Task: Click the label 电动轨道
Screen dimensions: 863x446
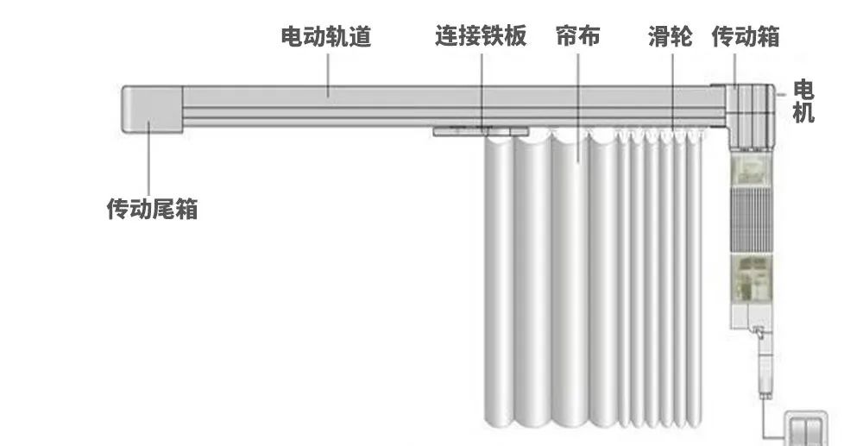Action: point(326,36)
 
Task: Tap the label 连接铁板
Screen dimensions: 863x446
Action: point(481,35)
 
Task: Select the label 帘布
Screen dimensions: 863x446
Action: point(578,35)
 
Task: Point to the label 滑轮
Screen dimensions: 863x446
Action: point(671,36)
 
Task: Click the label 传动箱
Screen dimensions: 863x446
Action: point(746,36)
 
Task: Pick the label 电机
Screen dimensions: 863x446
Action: point(803,101)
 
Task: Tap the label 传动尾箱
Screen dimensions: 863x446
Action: point(152,209)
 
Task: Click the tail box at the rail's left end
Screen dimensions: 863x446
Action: point(153,109)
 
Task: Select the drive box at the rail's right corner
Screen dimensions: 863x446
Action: point(750,116)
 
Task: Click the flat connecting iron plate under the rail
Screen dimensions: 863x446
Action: point(481,131)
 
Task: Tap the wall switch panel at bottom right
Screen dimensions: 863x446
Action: point(805,428)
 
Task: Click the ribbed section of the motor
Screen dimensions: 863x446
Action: point(752,219)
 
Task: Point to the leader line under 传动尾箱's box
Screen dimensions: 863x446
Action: point(148,159)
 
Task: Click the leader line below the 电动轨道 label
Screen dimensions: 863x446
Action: point(328,75)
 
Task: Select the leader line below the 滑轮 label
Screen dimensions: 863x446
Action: point(672,91)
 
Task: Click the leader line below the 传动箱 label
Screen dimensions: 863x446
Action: point(735,70)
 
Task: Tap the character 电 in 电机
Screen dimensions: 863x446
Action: point(803,89)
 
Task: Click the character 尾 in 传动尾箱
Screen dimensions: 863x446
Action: point(163,209)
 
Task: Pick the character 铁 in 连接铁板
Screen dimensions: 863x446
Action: point(493,35)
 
